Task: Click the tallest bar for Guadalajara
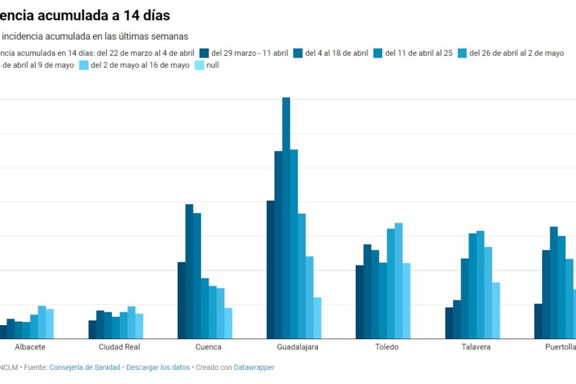[x=286, y=218]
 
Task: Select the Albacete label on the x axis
[x=30, y=347]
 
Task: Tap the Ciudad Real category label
[x=119, y=347]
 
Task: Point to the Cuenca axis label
[x=209, y=347]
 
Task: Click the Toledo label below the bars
[x=387, y=347]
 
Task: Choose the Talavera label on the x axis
[x=476, y=347]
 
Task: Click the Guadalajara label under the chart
[x=298, y=347]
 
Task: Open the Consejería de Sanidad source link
[x=84, y=367]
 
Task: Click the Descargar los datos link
[x=158, y=367]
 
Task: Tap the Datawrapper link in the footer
[x=254, y=367]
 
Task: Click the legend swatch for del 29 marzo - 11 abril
[x=204, y=53]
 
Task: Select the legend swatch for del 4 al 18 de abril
[x=298, y=53]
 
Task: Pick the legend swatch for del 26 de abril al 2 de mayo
[x=462, y=53]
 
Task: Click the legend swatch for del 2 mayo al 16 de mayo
[x=84, y=65]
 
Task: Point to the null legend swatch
[x=199, y=65]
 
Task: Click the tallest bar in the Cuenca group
[x=189, y=271]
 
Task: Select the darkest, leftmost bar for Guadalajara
[x=271, y=269]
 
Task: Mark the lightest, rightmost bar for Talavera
[x=496, y=310]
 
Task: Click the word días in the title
[x=154, y=15]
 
